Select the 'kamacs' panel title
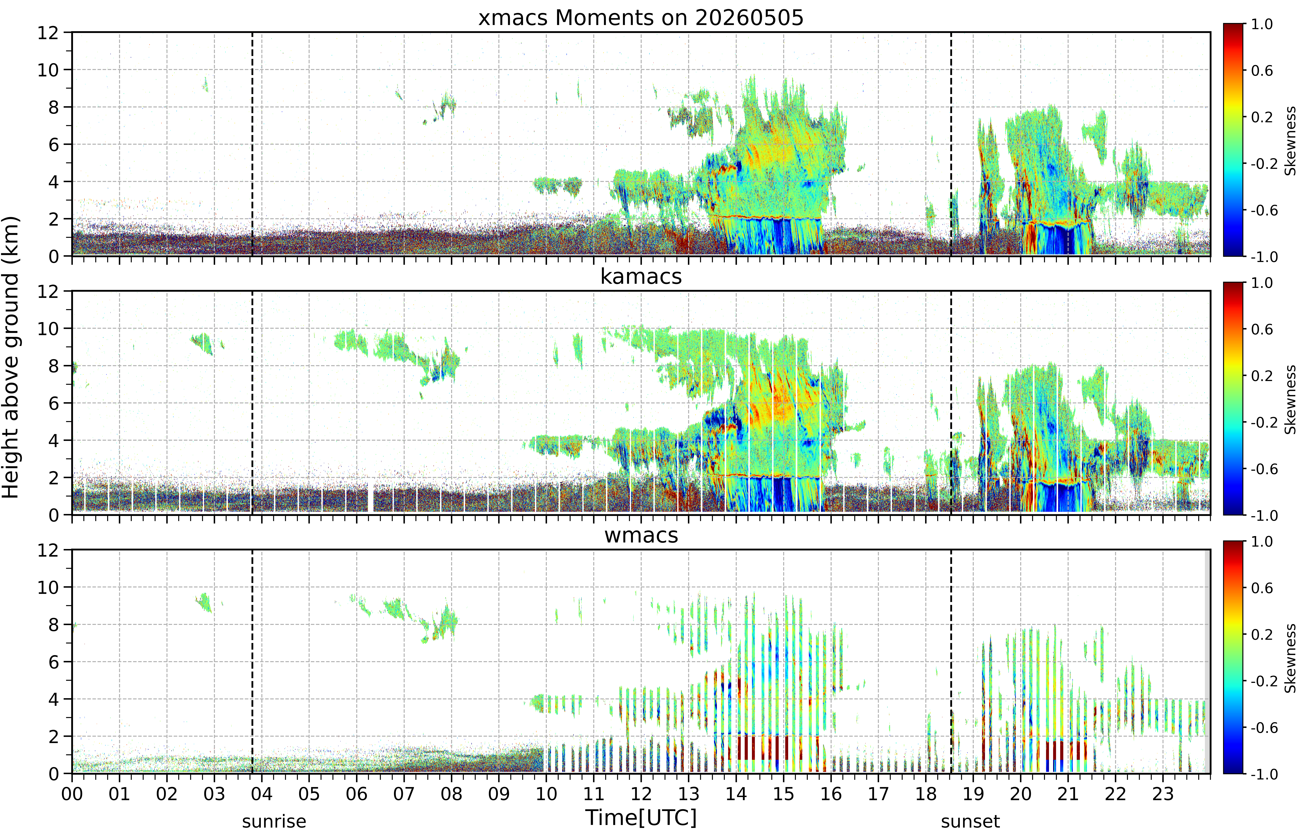[641, 276]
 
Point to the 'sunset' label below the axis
[970, 821]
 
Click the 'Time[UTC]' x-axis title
[641, 818]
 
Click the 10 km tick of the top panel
[48, 70]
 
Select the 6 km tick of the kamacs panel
[53, 403]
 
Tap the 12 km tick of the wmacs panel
[48, 550]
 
